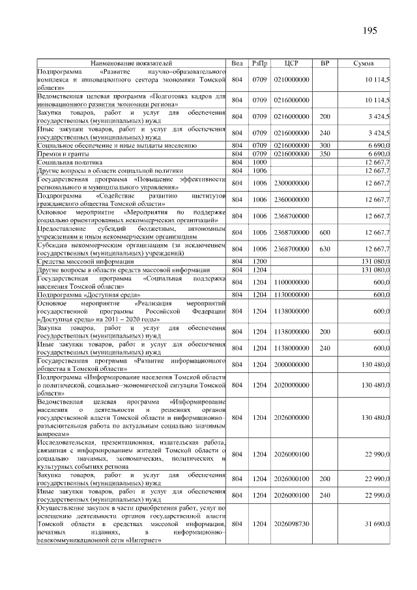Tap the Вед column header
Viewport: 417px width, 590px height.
pyautogui.click(x=237, y=63)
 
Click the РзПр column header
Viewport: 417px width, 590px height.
pyautogui.click(x=260, y=63)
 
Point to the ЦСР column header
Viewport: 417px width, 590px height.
pyautogui.click(x=291, y=63)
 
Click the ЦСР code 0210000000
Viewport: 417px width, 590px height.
pyautogui.click(x=291, y=79)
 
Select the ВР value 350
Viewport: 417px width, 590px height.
pyautogui.click(x=324, y=153)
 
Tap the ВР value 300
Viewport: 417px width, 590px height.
pyautogui.click(x=324, y=145)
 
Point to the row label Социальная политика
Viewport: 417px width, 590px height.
pyautogui.click(x=69, y=161)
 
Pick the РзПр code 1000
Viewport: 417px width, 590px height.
pyautogui.click(x=260, y=161)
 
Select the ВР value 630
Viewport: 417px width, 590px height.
pyautogui.click(x=324, y=248)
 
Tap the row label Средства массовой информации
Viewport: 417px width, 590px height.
pyautogui.click(x=81, y=261)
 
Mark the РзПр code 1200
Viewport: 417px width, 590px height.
pyautogui.click(x=260, y=261)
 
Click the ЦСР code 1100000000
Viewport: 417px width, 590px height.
pyautogui.click(x=291, y=282)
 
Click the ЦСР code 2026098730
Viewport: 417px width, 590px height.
pyautogui.click(x=291, y=523)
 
